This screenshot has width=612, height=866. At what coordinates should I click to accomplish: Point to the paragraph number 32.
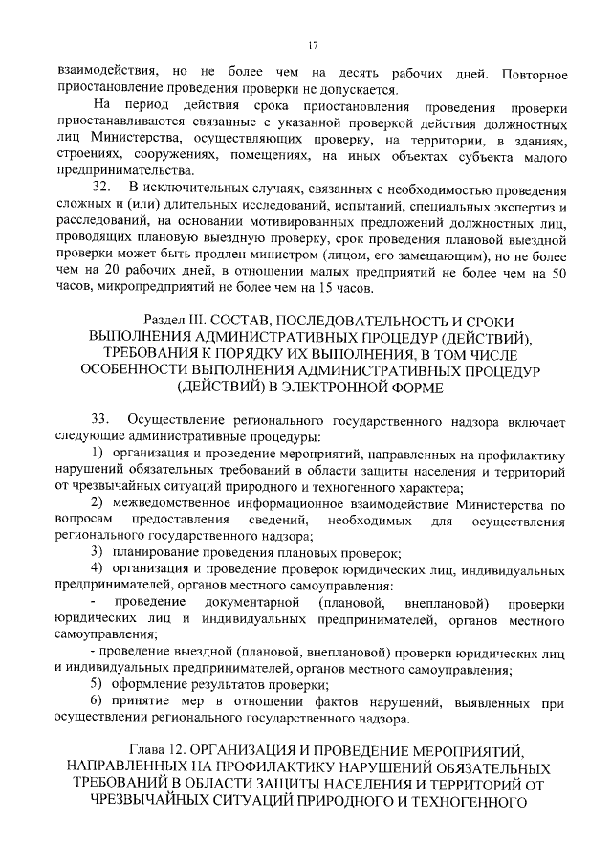point(101,188)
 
